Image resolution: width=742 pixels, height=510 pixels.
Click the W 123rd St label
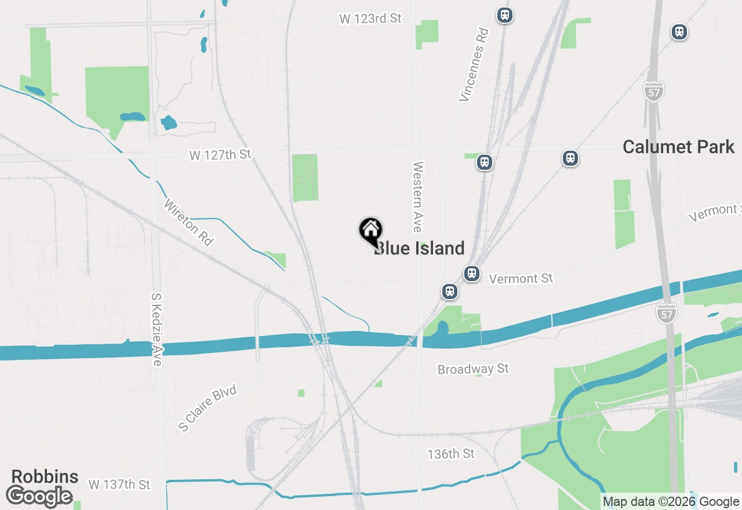click(370, 19)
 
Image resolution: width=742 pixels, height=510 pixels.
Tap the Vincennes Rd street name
click(474, 64)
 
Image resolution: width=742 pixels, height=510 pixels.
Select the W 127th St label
click(220, 155)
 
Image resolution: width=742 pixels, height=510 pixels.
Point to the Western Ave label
click(417, 197)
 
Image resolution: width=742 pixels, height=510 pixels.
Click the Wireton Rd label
click(188, 223)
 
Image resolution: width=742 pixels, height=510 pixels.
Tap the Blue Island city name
click(420, 248)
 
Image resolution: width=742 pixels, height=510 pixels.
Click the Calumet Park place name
click(678, 147)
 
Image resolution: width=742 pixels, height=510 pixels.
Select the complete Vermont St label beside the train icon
click(521, 279)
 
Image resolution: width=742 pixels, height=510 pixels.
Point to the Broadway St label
click(473, 369)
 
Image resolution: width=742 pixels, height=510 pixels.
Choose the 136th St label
click(451, 453)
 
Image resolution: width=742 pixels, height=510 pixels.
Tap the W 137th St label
click(119, 484)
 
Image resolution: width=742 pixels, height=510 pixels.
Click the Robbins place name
click(45, 476)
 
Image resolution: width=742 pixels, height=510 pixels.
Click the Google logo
click(39, 497)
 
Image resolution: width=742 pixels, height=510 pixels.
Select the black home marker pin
click(370, 231)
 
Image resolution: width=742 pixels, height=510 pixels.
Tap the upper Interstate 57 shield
click(653, 91)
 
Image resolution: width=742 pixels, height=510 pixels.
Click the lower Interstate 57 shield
click(667, 313)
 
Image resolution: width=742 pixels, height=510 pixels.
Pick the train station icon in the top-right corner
click(679, 32)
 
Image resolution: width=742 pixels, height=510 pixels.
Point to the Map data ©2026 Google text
click(671, 502)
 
